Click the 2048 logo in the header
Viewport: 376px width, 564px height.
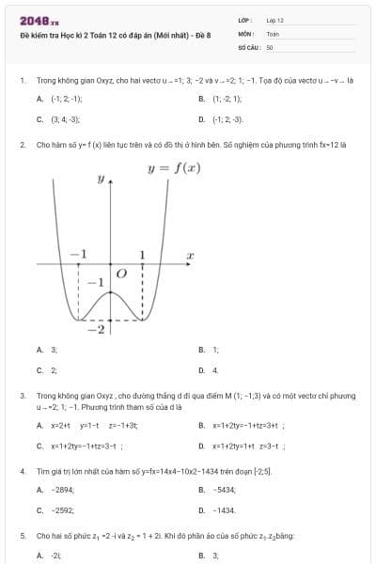point(39,20)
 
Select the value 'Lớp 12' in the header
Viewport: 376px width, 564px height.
point(274,20)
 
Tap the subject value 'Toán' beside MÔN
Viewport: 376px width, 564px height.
point(273,33)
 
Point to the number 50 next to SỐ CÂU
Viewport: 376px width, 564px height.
point(270,46)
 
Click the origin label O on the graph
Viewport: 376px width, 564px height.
point(120,273)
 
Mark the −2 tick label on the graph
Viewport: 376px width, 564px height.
point(95,329)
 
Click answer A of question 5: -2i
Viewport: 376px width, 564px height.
point(55,556)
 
